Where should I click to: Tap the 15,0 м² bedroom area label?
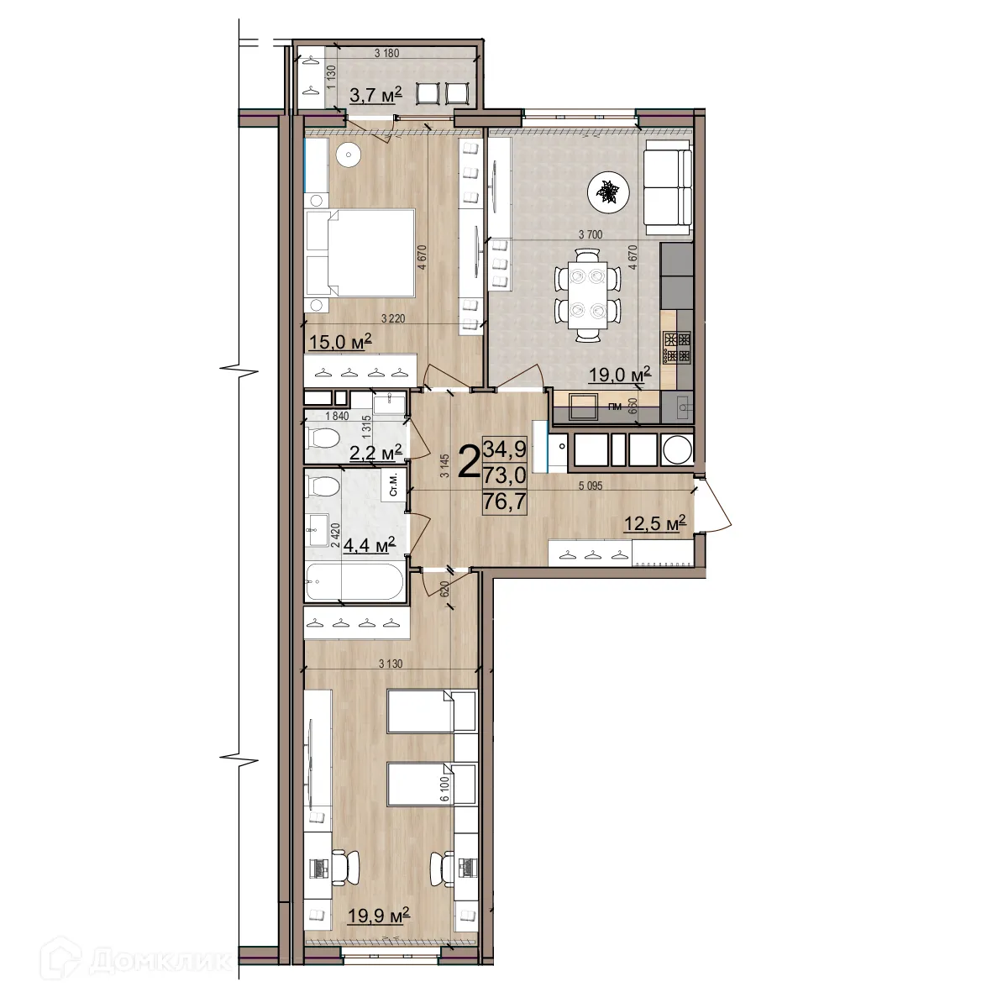click(x=340, y=342)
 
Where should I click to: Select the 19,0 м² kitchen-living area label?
click(x=620, y=375)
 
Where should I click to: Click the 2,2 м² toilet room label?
click(x=375, y=454)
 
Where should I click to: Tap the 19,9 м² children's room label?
click(x=378, y=915)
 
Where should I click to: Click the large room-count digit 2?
click(x=469, y=461)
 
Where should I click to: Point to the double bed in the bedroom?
click(x=361, y=254)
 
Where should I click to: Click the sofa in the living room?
click(x=667, y=189)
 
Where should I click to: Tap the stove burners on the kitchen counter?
click(x=677, y=347)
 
